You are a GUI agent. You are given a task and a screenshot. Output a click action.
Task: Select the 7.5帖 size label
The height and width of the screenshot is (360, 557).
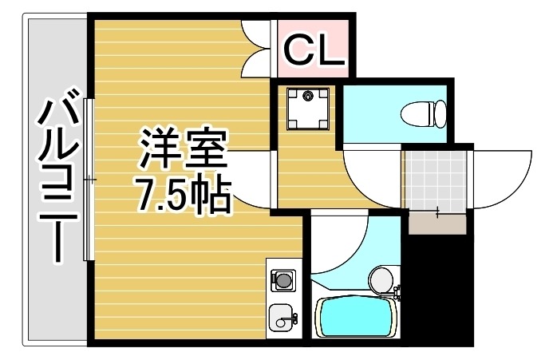click(183, 194)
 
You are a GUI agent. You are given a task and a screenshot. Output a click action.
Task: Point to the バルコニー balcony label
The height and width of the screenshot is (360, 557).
click(57, 180)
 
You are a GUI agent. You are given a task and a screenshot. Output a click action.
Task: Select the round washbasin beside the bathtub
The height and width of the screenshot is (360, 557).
click(381, 279)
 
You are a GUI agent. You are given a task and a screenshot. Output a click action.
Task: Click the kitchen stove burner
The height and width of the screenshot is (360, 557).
click(282, 279)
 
